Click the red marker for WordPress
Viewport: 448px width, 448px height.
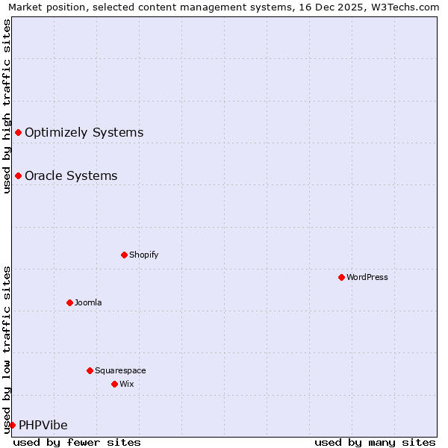pyautogui.click(x=341, y=277)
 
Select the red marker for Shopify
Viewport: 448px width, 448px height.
pyautogui.click(x=124, y=255)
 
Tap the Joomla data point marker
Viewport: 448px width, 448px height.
pyautogui.click(x=69, y=302)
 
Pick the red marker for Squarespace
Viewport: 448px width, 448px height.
pyautogui.click(x=90, y=370)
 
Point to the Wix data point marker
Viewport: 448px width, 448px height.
pyautogui.click(x=114, y=384)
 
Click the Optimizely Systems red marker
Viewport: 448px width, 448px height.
pyautogui.click(x=18, y=133)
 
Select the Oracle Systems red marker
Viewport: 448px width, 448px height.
pyautogui.click(x=18, y=176)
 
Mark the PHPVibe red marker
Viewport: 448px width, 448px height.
pyautogui.click(x=12, y=425)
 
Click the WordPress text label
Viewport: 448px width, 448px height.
pyautogui.click(x=367, y=277)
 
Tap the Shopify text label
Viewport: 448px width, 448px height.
pyautogui.click(x=144, y=255)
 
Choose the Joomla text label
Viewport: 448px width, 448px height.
pyautogui.click(x=88, y=302)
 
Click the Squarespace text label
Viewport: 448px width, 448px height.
pyautogui.click(x=120, y=370)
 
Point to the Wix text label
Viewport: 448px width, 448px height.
pyautogui.click(x=127, y=384)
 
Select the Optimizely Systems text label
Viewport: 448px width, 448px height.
pyautogui.click(x=84, y=133)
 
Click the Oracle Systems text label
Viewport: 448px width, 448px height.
pyautogui.click(x=71, y=176)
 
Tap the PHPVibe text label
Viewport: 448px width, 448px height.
pyautogui.click(x=43, y=426)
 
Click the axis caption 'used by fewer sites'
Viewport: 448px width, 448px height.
pyautogui.click(x=77, y=442)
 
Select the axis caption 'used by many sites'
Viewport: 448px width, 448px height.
pyautogui.click(x=375, y=442)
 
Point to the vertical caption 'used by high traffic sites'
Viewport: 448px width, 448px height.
pyautogui.click(x=7, y=106)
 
